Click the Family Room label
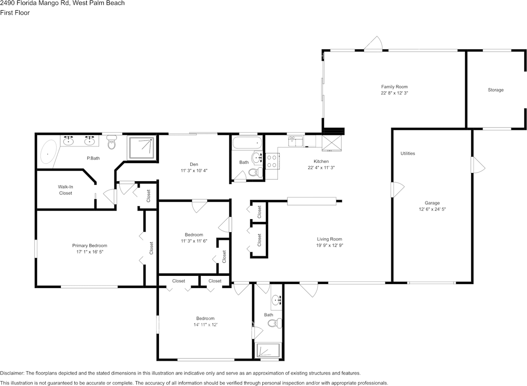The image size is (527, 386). [394, 87]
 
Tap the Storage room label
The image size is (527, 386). [495, 90]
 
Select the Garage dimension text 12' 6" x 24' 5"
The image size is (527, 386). [432, 209]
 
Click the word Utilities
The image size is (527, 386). [408, 153]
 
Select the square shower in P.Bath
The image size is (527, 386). [142, 148]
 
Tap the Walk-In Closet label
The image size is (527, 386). [65, 190]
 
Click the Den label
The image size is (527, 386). [194, 164]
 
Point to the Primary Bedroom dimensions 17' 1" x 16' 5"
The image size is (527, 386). [87, 252]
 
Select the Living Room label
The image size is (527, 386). [329, 239]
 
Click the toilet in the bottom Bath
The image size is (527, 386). [274, 323]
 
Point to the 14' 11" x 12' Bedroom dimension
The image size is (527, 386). [205, 324]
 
